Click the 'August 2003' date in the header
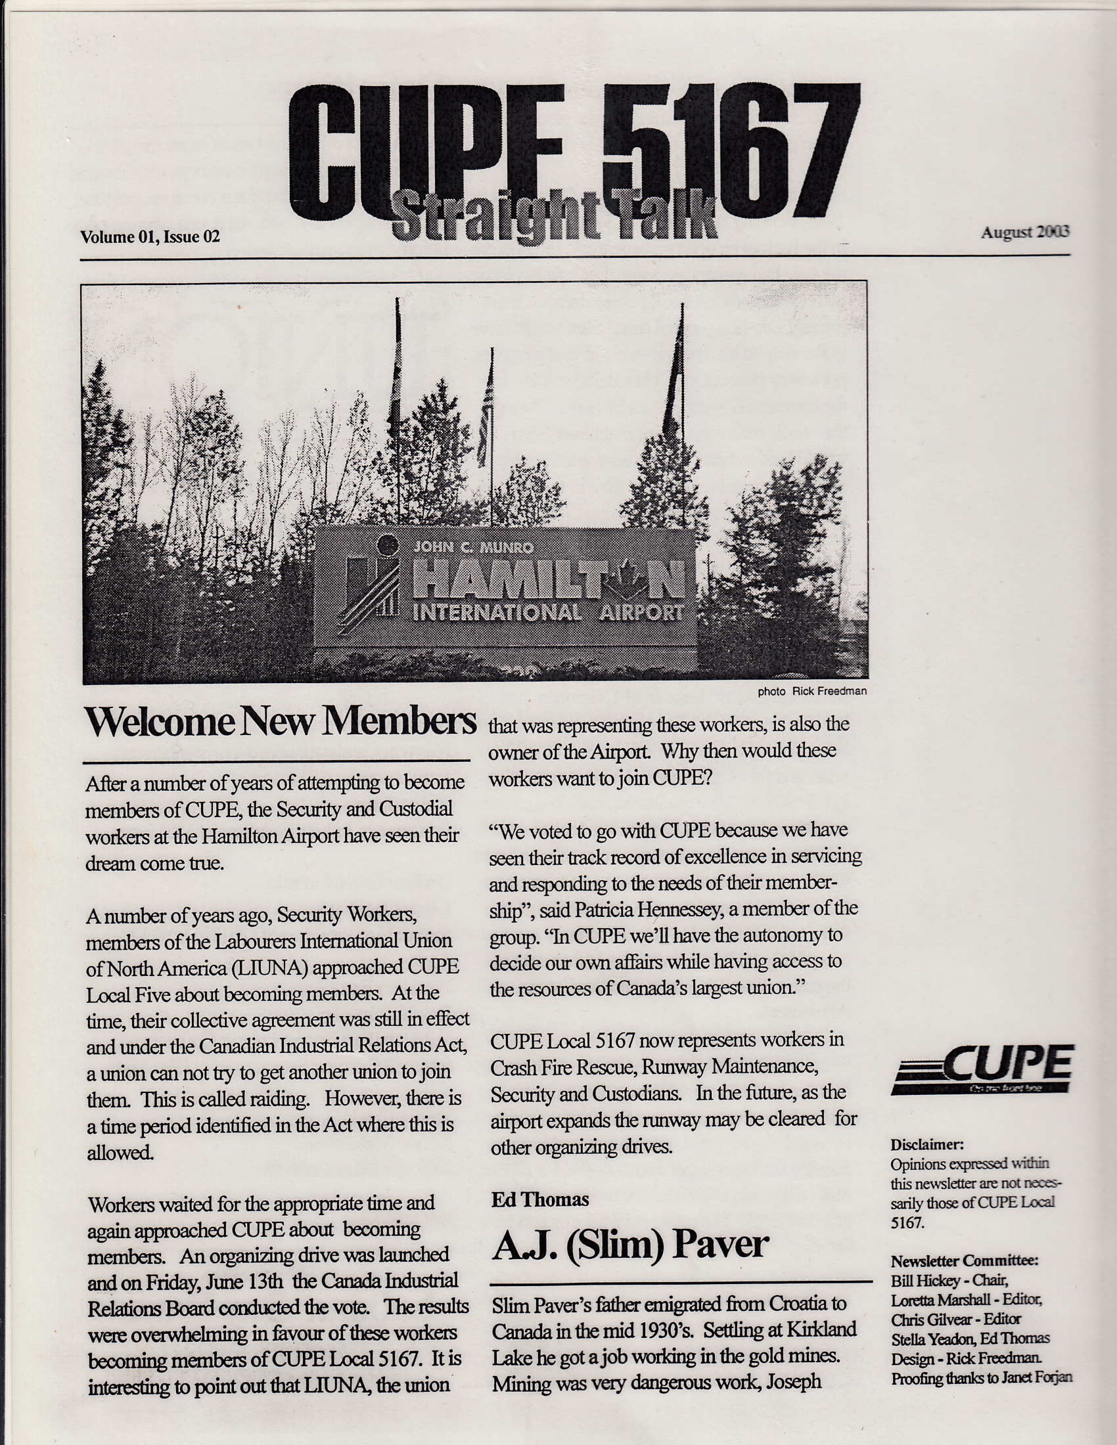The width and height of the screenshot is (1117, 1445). (x=1025, y=233)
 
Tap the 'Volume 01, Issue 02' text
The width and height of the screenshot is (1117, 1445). (x=150, y=237)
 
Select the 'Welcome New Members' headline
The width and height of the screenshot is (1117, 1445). (x=281, y=721)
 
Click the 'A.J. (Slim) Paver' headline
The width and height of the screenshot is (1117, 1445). (x=629, y=1245)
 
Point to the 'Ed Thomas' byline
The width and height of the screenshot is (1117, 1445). (x=539, y=1199)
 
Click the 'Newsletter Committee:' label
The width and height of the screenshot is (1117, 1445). (x=964, y=1260)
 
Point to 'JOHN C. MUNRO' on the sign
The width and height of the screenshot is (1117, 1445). (x=472, y=547)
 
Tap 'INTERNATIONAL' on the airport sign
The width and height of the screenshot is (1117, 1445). (x=497, y=613)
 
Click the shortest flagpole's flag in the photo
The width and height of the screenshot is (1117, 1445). (x=486, y=424)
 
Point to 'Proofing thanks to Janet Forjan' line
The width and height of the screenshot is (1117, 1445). (x=982, y=1378)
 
